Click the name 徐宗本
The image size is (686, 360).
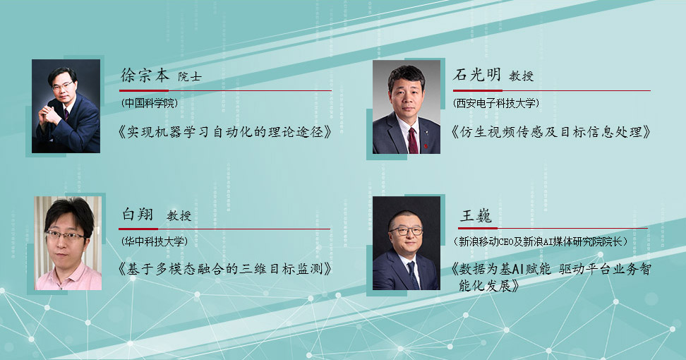(x=145, y=76)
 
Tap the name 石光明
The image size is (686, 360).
(x=477, y=75)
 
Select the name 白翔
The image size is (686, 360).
(x=138, y=214)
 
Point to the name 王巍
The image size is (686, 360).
(x=476, y=215)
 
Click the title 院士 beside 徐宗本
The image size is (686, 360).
(x=190, y=76)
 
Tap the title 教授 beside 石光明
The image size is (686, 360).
(x=521, y=76)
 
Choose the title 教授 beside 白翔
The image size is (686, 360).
(x=179, y=215)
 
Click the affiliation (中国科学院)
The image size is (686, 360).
(x=150, y=103)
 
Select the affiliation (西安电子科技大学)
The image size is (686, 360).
(x=496, y=103)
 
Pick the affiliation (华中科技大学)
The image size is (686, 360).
(x=155, y=241)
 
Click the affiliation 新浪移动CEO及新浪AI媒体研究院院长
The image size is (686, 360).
(x=541, y=241)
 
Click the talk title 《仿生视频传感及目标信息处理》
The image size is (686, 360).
(x=551, y=132)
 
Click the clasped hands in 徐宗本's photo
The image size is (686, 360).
(x=49, y=115)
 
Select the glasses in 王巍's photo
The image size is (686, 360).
(x=406, y=231)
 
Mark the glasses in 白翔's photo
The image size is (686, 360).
(x=66, y=236)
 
